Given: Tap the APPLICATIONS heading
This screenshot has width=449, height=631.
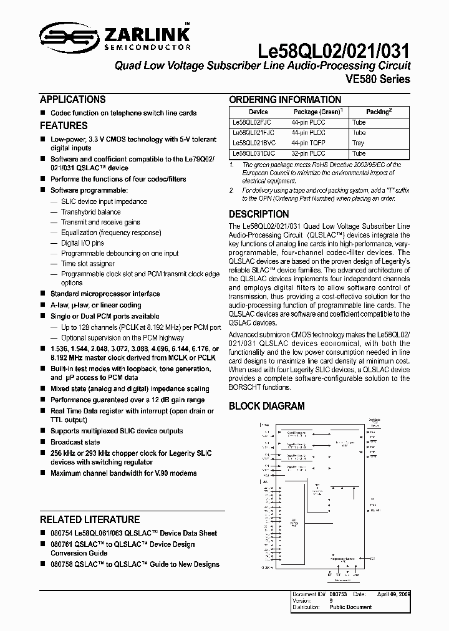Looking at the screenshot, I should coord(72,99).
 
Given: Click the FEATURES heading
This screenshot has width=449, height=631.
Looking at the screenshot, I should coord(63,125).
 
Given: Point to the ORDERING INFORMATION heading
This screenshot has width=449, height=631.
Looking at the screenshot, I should coord(285,100).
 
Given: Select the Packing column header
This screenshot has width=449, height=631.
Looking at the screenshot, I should coord(378,112).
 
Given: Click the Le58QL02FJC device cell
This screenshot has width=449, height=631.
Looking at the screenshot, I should coord(251,122).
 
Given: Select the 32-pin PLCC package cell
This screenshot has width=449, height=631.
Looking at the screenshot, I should coord(308,153).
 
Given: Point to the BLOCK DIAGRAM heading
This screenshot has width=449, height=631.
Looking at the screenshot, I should coord(267,406).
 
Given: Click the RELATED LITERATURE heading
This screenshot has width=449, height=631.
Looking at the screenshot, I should coord(90,519).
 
